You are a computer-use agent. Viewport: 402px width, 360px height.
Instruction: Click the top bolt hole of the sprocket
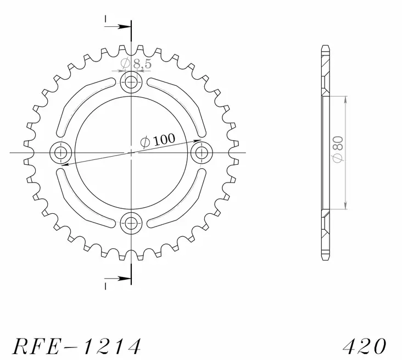131,82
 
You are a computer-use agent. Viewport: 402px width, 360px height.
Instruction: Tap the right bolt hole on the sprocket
202,152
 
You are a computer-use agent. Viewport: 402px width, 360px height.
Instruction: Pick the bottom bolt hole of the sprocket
131,223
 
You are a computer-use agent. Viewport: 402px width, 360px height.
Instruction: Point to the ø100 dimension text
158,141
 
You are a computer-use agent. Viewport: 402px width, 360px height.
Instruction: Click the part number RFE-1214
77,346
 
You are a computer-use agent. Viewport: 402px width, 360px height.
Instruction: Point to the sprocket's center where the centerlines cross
131,152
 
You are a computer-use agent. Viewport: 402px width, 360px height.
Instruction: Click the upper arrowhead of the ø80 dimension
345,99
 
